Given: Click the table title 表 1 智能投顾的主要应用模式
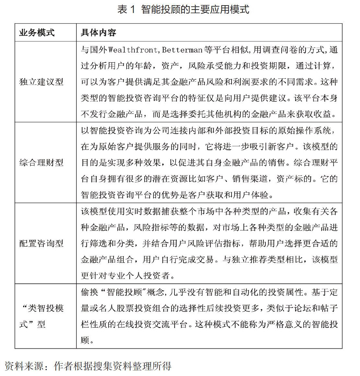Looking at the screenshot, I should (183, 9).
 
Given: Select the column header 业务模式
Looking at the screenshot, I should (37, 33).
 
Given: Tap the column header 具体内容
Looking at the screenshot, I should (98, 33).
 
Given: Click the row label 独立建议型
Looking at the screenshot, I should (41, 82).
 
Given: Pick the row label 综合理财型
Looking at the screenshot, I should (41, 162).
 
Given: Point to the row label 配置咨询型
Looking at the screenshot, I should (41, 243).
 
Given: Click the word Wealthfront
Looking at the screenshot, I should (133, 50).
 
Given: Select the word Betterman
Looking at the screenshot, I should (182, 50).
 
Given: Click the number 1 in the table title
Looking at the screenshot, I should (132, 10).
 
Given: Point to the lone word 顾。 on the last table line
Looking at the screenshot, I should (87, 340).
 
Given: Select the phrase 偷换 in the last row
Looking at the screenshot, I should (89, 292).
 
